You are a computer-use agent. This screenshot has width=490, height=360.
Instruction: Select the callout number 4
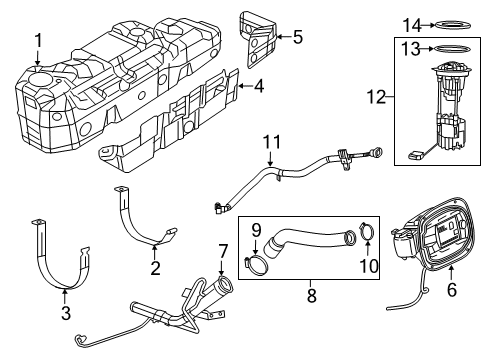coord(258,87)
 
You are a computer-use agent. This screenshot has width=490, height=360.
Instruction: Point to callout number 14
coord(407,24)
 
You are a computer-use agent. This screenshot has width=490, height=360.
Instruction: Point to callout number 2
coord(155,267)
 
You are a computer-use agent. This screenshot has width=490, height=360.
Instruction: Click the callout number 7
coord(223,248)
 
